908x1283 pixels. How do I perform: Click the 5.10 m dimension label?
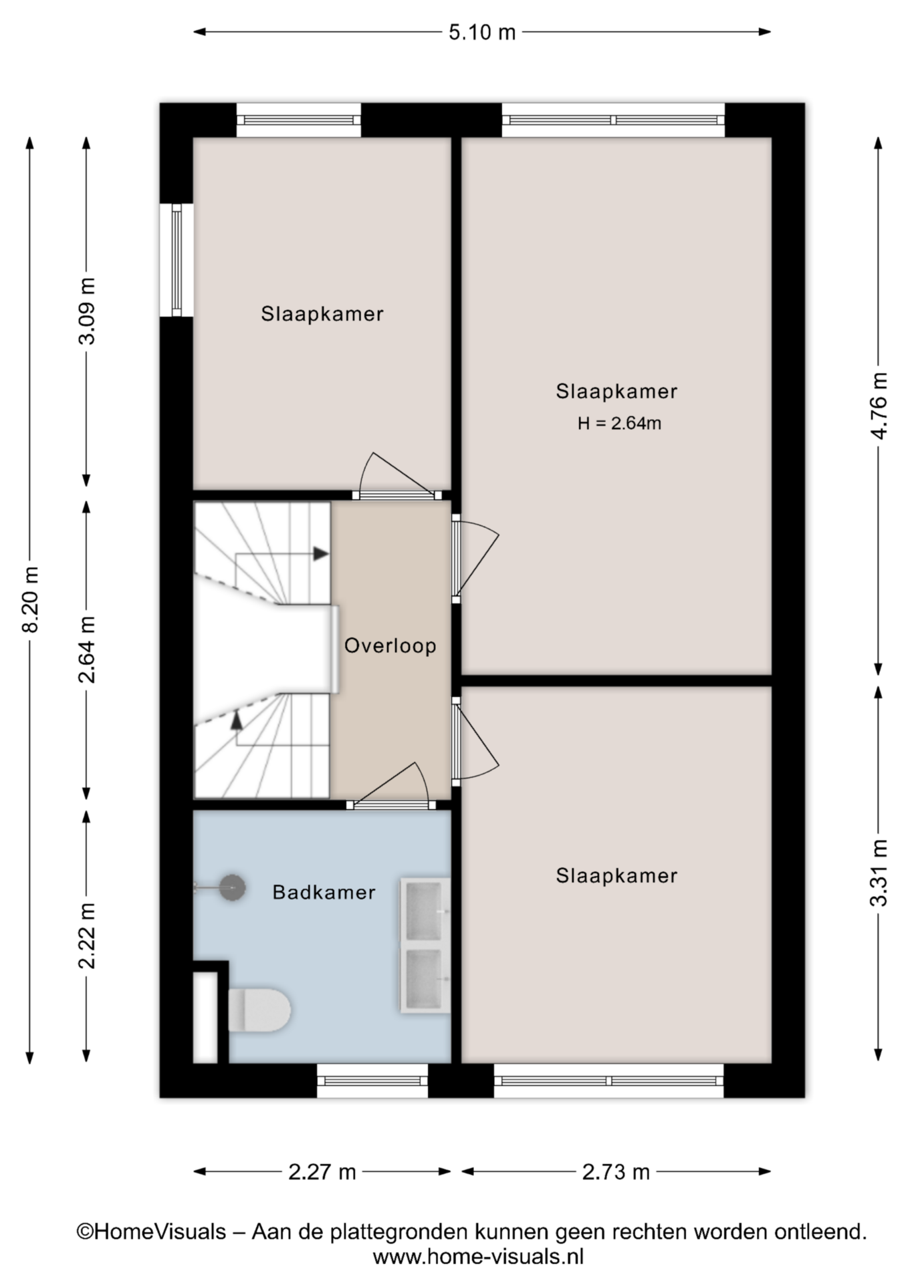click(481, 32)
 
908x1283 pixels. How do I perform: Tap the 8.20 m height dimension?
click(31, 599)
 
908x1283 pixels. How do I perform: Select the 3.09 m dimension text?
click(87, 311)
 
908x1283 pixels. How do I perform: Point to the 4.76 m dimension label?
click(879, 406)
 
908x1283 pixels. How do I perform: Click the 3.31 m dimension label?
click(879, 873)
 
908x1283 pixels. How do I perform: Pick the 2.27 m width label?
click(322, 1171)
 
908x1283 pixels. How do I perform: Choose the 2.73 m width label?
click(616, 1171)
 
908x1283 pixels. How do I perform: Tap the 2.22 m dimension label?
click(87, 936)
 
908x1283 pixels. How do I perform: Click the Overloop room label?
click(390, 646)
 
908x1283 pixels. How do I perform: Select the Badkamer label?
click(324, 892)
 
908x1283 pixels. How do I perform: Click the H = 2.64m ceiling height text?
click(620, 423)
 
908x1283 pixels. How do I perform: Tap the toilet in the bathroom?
click(259, 1010)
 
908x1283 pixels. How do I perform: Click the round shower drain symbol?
click(233, 887)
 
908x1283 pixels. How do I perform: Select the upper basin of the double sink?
click(425, 911)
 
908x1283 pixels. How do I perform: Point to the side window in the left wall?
click(177, 260)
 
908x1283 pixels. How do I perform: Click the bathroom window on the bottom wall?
click(372, 1081)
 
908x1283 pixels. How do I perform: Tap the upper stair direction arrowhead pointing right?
click(322, 553)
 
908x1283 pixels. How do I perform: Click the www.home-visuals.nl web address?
click(478, 1257)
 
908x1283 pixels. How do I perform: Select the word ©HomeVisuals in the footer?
click(151, 1232)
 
